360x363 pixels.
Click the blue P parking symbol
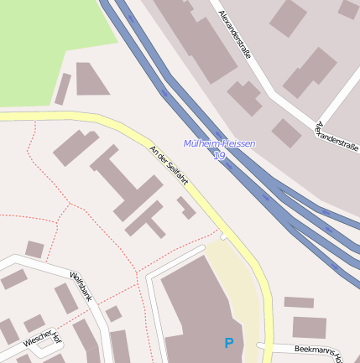[229, 343]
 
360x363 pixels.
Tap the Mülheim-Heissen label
[219, 144]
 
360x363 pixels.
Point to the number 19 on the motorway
[220, 155]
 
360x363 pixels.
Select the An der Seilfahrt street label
[168, 165]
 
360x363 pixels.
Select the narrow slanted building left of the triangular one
[63, 89]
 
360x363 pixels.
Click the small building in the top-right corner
[348, 9]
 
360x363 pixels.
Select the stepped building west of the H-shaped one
[75, 148]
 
